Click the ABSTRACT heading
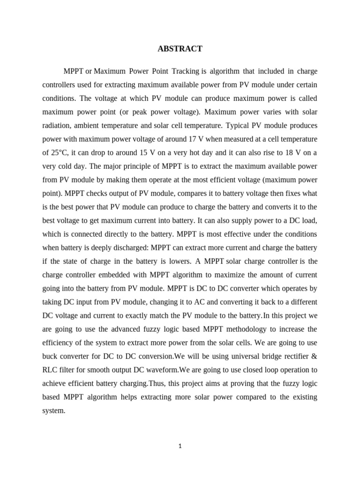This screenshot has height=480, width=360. coord(180,49)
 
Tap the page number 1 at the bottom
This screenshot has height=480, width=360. coord(180,446)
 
